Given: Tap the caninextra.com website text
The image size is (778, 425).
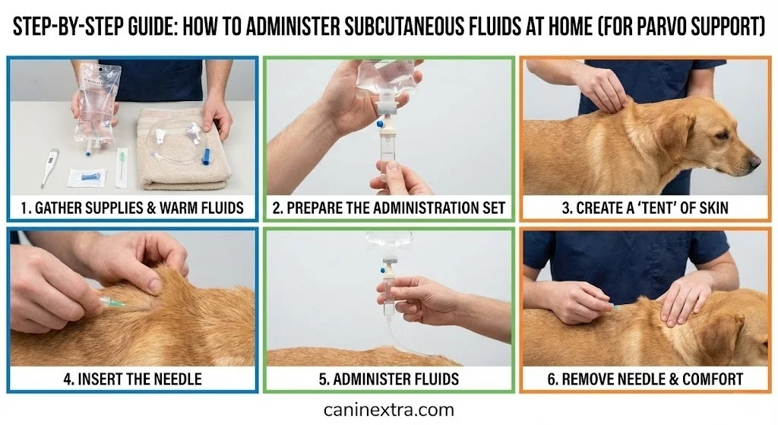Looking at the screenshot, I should pyautogui.click(x=388, y=410).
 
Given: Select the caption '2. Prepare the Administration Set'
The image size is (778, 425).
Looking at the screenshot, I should pyautogui.click(x=388, y=208).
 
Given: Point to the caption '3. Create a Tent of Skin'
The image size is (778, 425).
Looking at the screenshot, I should pyautogui.click(x=644, y=208).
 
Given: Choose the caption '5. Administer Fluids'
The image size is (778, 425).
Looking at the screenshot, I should pyautogui.click(x=388, y=379).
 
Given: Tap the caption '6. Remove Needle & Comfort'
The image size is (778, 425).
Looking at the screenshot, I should pyautogui.click(x=644, y=379).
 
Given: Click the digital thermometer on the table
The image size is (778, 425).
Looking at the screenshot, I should pyautogui.click(x=49, y=167).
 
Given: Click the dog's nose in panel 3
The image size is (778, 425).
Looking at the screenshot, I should pyautogui.click(x=754, y=161).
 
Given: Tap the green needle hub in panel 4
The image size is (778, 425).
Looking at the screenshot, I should pyautogui.click(x=112, y=305).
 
